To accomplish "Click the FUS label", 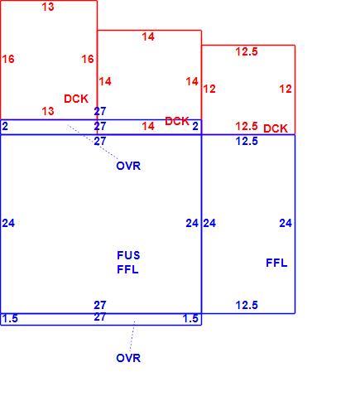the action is pyautogui.click(x=128, y=255).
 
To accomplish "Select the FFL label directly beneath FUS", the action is pyautogui.click(x=127, y=269).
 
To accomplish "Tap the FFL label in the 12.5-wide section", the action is pyautogui.click(x=276, y=263).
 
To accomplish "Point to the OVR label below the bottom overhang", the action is pyautogui.click(x=128, y=358).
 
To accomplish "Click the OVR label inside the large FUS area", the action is pyautogui.click(x=128, y=166).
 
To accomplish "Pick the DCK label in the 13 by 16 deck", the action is pyautogui.click(x=76, y=99).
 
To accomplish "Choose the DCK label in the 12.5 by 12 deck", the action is pyautogui.click(x=276, y=128).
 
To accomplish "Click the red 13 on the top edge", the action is pyautogui.click(x=48, y=7).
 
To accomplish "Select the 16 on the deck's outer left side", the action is pyautogui.click(x=8, y=59).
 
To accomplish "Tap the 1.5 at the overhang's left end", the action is pyautogui.click(x=10, y=318).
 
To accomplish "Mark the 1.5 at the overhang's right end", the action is pyautogui.click(x=190, y=318).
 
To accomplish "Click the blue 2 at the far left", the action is pyautogui.click(x=5, y=126).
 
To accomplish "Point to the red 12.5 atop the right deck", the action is pyautogui.click(x=247, y=51).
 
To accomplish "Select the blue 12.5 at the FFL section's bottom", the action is pyautogui.click(x=247, y=305).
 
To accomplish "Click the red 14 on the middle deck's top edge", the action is pyautogui.click(x=148, y=36).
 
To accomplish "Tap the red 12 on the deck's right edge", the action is pyautogui.click(x=286, y=89).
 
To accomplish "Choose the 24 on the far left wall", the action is pyautogui.click(x=8, y=223).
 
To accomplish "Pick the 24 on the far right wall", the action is pyautogui.click(x=286, y=223).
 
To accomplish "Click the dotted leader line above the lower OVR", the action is pyautogui.click(x=132, y=336).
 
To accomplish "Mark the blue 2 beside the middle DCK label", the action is pyautogui.click(x=195, y=126).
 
